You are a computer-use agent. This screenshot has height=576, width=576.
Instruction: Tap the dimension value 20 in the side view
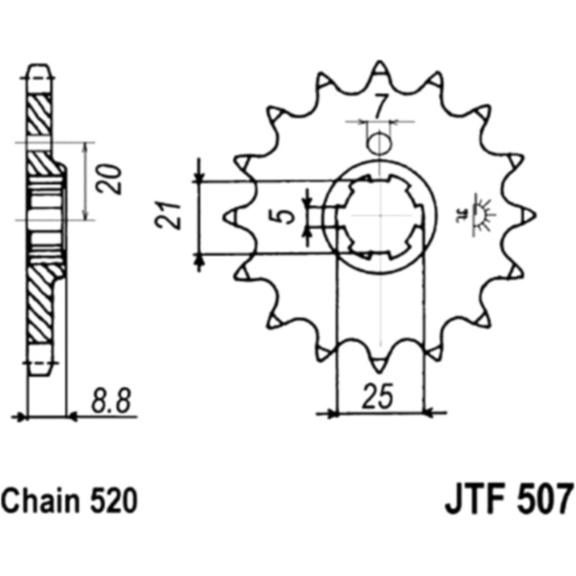pos(108,179)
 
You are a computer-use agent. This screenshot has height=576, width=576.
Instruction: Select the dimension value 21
pos(168,215)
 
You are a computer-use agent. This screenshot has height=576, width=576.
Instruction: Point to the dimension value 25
pos(377,396)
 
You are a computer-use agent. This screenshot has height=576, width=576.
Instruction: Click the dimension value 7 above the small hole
pos(379,107)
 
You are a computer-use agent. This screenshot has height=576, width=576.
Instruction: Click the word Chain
pos(40,501)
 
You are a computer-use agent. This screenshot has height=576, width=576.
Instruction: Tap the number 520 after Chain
pos(114,501)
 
